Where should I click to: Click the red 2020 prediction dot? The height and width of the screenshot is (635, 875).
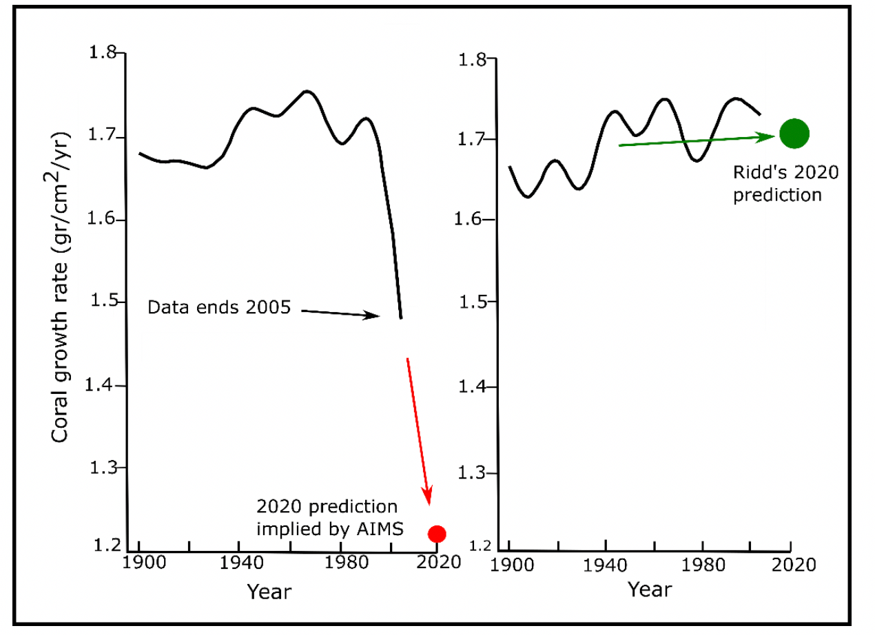437,533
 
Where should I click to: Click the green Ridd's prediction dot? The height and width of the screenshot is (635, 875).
794,134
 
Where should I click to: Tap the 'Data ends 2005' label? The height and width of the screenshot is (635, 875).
219,308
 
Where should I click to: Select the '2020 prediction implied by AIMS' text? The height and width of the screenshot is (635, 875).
327,518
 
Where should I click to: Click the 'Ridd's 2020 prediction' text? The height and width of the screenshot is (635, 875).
785,183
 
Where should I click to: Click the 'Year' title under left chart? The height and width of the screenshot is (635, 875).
269,591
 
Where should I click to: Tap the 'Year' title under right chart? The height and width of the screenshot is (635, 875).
649,589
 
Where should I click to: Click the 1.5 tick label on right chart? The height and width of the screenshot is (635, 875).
475,302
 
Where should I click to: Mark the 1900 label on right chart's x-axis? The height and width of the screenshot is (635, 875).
511,565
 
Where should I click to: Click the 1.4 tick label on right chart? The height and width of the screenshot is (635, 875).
475,387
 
